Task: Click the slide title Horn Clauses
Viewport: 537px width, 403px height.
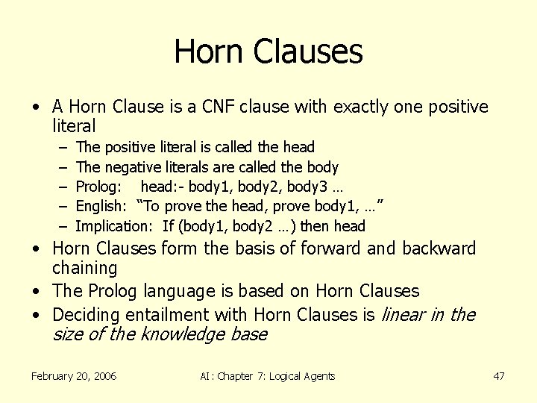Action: pyautogui.click(x=268, y=51)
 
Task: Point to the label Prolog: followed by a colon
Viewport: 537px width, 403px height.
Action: pyautogui.click(x=96, y=187)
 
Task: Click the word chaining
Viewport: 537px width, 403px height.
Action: pyautogui.click(x=85, y=268)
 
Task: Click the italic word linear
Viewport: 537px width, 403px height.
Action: pyautogui.click(x=403, y=314)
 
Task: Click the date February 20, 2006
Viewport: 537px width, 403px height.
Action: pyautogui.click(x=74, y=376)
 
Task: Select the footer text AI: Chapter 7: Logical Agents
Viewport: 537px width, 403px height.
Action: pyautogui.click(x=268, y=376)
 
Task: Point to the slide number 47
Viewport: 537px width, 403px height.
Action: pyautogui.click(x=499, y=376)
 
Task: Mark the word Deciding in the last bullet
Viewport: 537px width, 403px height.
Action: pyautogui.click(x=87, y=314)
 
